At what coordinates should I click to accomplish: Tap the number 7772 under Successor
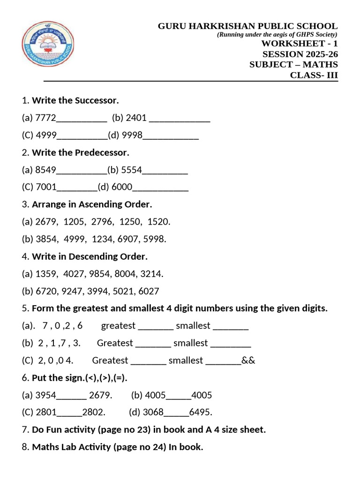45,118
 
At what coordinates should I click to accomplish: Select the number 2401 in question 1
136,118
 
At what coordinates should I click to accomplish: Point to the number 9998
132,135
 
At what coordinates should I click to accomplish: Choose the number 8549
45,170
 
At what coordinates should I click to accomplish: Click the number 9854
102,274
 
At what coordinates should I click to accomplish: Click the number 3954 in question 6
45,395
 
